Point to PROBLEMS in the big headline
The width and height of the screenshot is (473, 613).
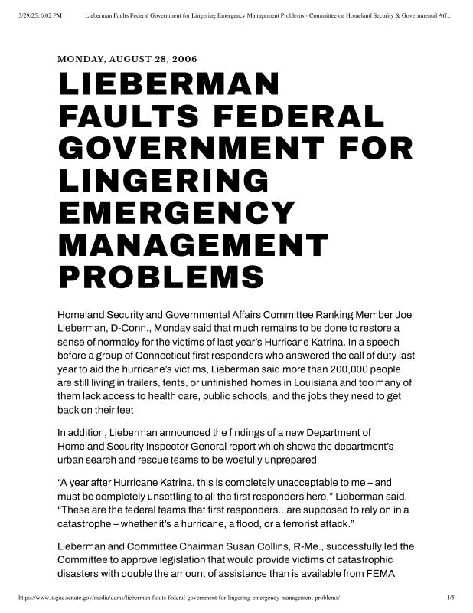[x=161, y=277]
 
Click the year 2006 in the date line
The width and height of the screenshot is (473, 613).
[x=184, y=58]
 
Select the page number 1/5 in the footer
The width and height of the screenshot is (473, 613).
[x=451, y=596]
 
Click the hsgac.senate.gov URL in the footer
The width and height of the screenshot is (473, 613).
[x=176, y=596]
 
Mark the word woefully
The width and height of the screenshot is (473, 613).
[x=275, y=461]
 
